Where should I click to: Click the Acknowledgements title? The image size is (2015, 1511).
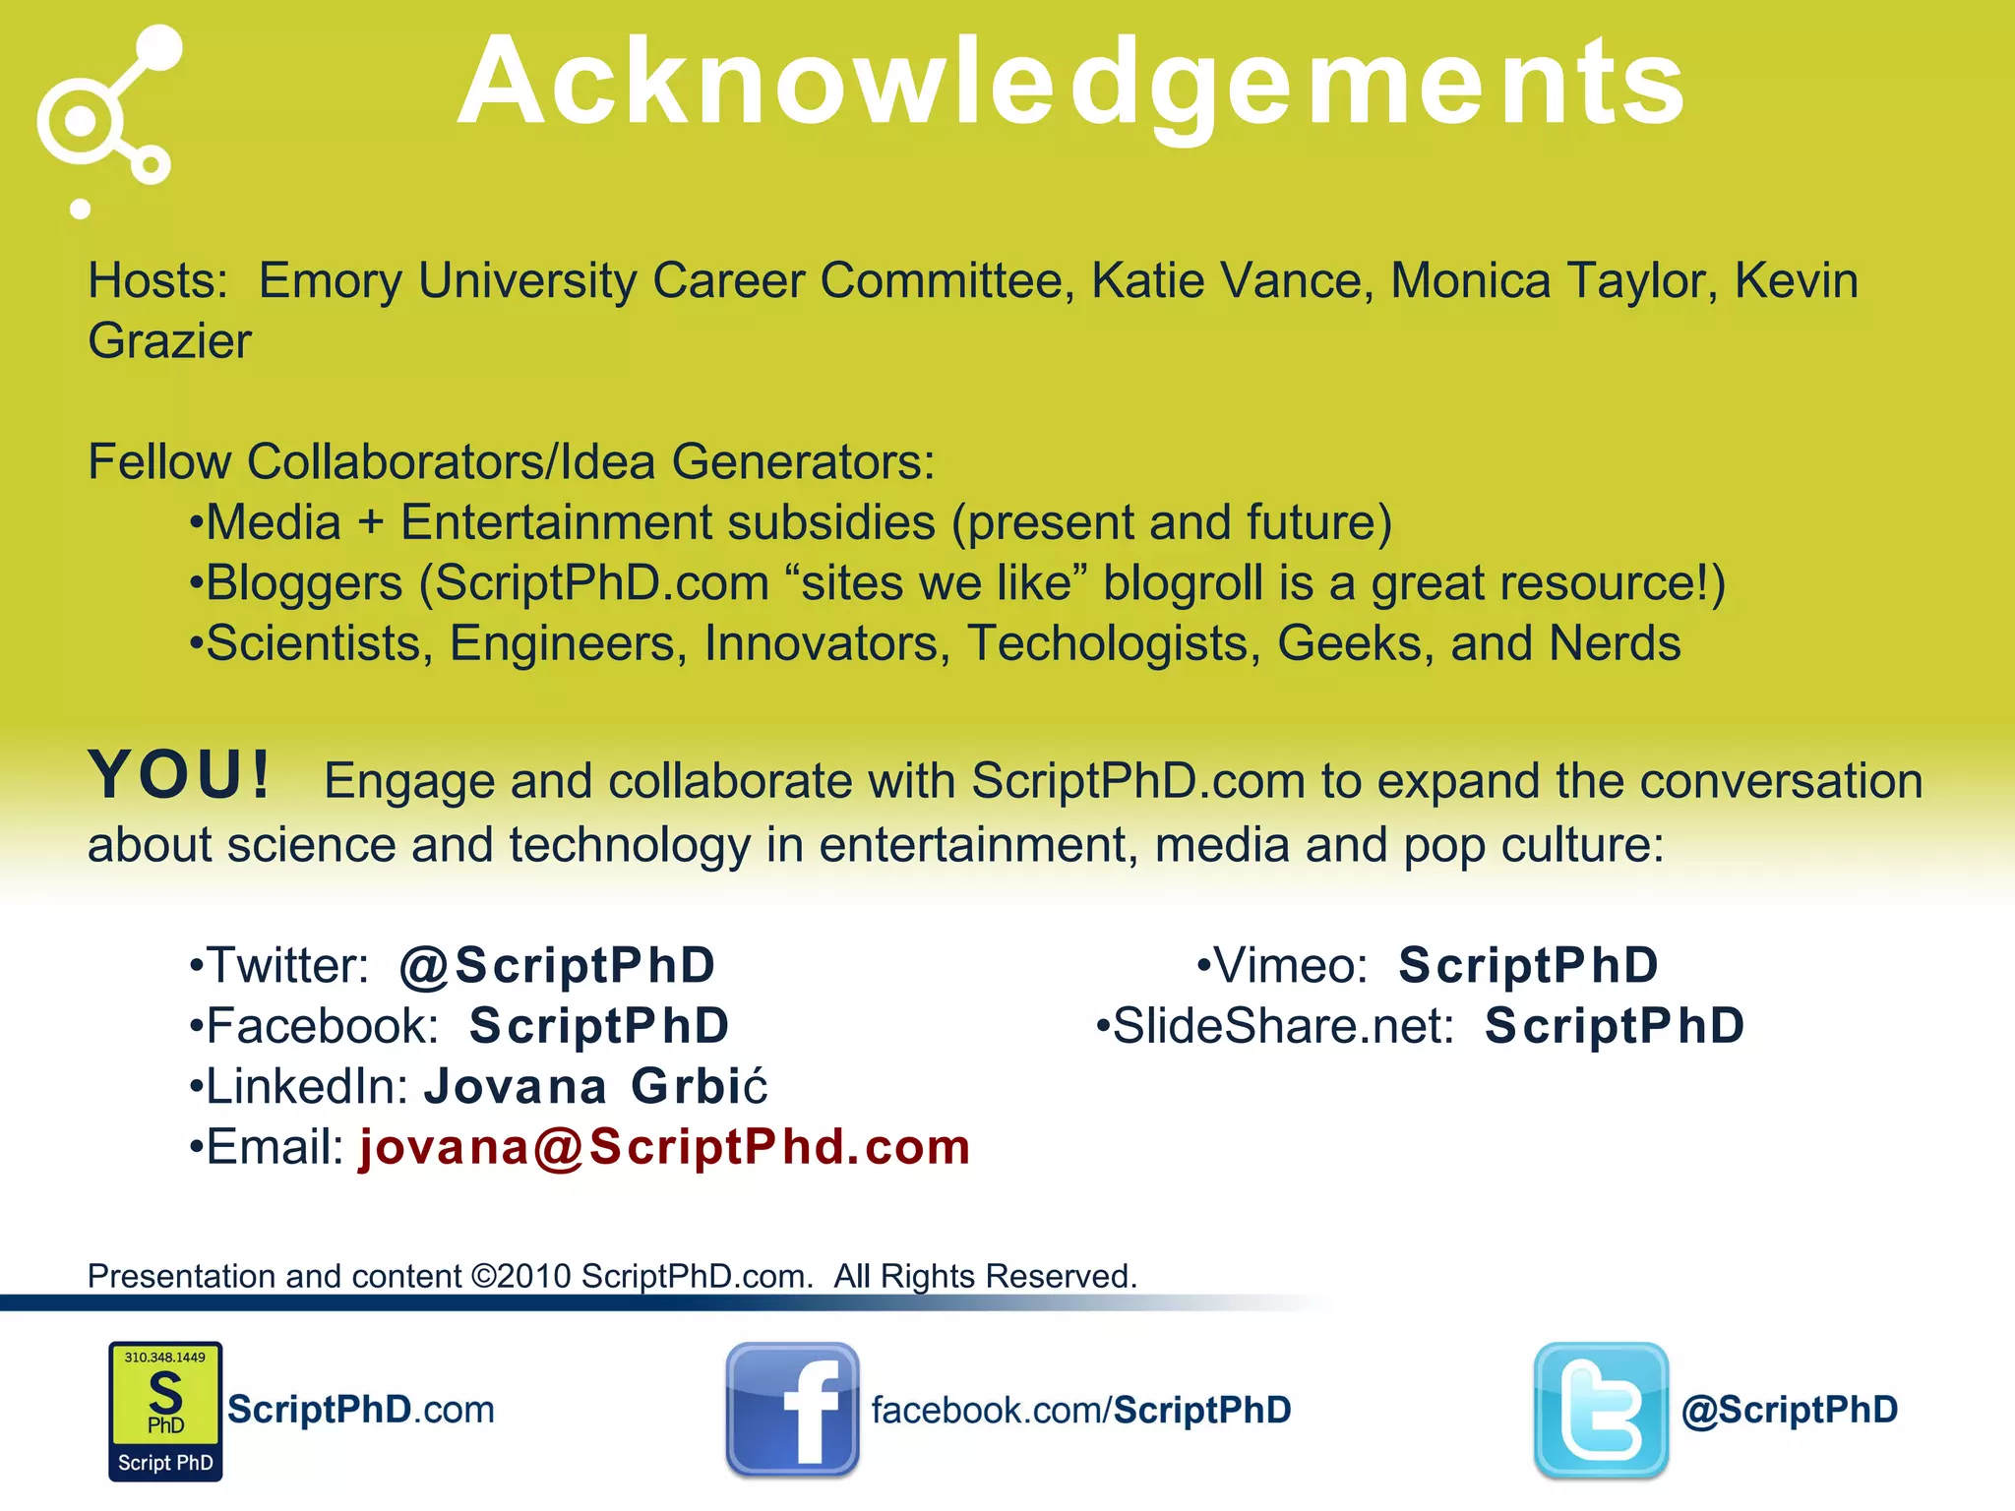1071,84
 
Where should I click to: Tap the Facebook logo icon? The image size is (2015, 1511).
792,1410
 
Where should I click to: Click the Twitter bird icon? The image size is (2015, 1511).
1601,1410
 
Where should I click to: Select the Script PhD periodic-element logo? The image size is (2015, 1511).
165,1411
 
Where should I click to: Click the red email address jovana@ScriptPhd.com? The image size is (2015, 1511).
665,1147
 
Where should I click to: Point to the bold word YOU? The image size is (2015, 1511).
179,775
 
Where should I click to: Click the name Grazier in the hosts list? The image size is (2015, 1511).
169,341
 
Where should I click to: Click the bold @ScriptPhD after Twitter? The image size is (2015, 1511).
557,965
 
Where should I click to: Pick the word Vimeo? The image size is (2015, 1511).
1291,965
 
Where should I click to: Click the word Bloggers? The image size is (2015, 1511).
305,583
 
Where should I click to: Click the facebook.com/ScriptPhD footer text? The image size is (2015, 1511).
1080,1410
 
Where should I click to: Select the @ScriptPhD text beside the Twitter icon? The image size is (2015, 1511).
1790,1410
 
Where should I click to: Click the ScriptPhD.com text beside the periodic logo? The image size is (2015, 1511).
361,1410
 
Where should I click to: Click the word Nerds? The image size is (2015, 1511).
1615,644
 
